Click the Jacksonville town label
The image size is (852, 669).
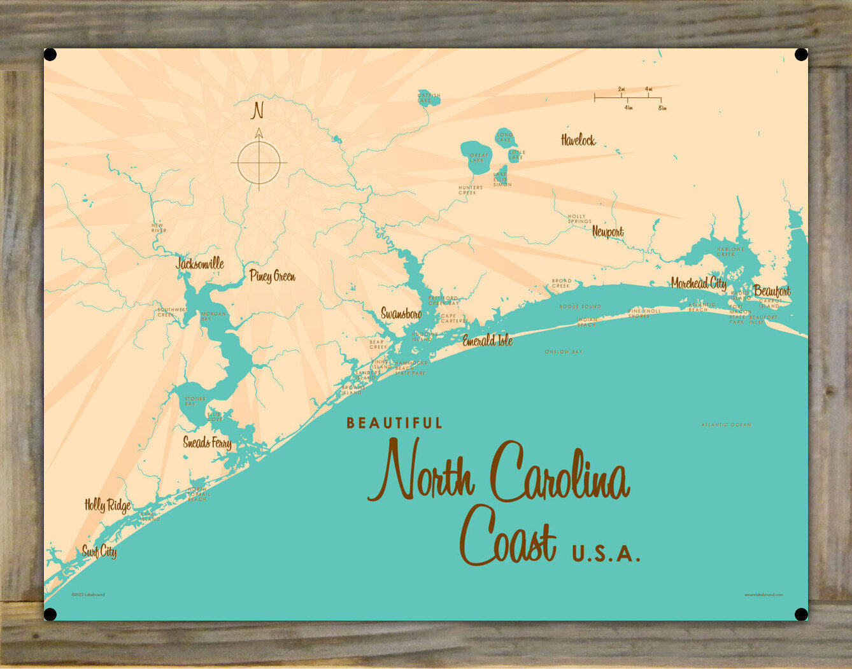point(200,263)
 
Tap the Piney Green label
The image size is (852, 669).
point(272,276)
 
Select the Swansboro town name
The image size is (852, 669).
point(401,313)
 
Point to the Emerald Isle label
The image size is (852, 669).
point(487,341)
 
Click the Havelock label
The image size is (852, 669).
point(578,140)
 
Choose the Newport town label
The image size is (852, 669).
point(607,232)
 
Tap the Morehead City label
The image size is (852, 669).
point(699,283)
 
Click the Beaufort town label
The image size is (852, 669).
point(772,291)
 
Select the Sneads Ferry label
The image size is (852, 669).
point(207,442)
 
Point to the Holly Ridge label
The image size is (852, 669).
point(108,505)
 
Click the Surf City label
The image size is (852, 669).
point(99,551)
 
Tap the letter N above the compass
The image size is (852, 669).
point(257,111)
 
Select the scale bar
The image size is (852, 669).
point(628,98)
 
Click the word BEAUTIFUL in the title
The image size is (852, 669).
point(394,423)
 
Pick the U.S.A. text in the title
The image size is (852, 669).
point(606,553)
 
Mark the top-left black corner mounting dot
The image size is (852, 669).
point(50,55)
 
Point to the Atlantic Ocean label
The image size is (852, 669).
point(726,425)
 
